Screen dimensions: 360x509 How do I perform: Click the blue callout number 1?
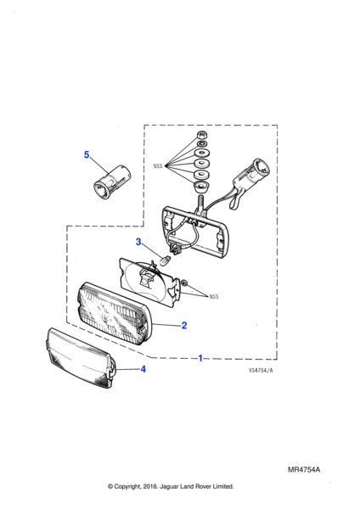200,358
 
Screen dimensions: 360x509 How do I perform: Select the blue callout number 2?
184,325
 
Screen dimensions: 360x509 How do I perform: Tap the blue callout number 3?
138,242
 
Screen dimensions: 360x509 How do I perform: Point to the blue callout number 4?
143,369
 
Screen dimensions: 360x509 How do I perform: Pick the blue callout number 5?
87,154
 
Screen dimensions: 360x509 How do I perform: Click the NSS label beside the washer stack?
158,166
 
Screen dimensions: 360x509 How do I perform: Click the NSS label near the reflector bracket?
214,296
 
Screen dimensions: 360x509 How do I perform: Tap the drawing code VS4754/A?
261,371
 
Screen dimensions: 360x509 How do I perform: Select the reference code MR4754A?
304,470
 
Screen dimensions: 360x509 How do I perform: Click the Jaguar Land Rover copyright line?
171,486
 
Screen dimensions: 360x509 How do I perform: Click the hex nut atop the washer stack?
200,135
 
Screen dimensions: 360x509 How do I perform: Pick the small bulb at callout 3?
166,260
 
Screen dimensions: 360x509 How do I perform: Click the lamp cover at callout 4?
81,357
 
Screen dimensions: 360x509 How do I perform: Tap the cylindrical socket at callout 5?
111,182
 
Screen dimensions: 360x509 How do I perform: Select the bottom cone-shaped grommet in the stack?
201,187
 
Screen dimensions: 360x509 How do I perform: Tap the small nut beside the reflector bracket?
184,283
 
